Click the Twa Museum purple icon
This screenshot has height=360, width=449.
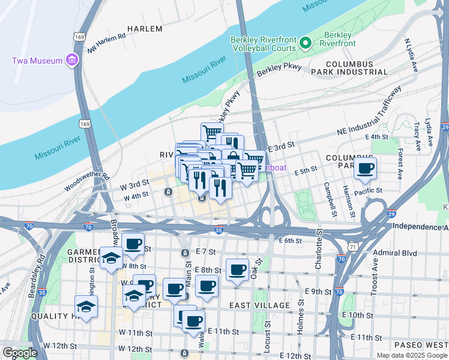click(x=73, y=60)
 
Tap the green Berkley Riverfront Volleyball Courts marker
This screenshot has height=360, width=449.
click(x=306, y=43)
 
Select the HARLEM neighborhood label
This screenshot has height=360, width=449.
click(x=145, y=29)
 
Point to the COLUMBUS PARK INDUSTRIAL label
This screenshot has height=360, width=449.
click(x=349, y=67)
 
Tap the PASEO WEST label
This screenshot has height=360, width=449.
click(x=421, y=345)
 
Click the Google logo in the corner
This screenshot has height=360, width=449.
click(x=20, y=353)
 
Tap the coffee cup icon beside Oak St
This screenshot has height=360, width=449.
click(x=237, y=269)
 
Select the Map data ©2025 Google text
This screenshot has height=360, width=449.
click(x=411, y=355)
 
